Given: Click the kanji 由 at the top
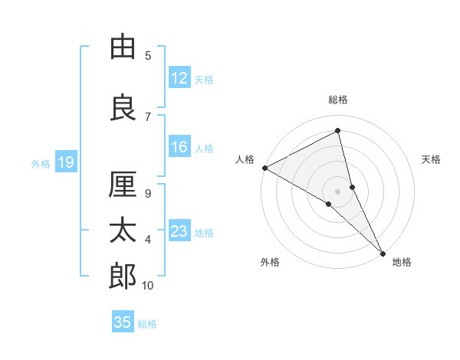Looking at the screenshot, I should click(123, 47).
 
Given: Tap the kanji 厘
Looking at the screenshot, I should click(123, 185).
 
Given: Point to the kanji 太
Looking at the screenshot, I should click(123, 231).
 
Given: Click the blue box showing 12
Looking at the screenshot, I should click(179, 78).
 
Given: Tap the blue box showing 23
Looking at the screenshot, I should click(179, 231).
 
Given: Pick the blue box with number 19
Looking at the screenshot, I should click(65, 162).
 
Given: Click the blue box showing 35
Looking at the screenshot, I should click(123, 322).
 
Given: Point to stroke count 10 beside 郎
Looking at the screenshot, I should click(148, 286).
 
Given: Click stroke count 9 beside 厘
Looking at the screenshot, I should click(148, 193).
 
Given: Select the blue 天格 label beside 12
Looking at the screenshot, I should click(204, 79).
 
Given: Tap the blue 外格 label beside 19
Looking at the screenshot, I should click(41, 163).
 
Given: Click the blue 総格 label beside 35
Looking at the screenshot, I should click(147, 324).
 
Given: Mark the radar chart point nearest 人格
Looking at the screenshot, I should click(264, 168).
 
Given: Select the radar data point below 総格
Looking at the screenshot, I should click(338, 131).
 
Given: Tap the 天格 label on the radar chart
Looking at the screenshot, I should click(431, 159).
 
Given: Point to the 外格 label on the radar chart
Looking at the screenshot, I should click(270, 262).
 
